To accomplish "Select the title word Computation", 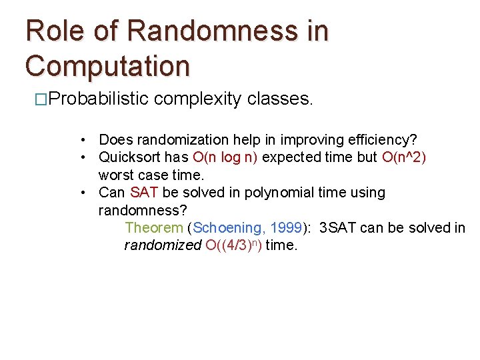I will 107,66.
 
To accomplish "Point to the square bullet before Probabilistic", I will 41,100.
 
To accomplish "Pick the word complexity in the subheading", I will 197,99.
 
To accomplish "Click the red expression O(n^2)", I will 404,157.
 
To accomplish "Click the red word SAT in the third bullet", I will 144,193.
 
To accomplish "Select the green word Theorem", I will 153,228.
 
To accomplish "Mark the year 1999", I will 285,228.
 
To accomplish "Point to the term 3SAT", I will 337,228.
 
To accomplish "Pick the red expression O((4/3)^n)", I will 233,245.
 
